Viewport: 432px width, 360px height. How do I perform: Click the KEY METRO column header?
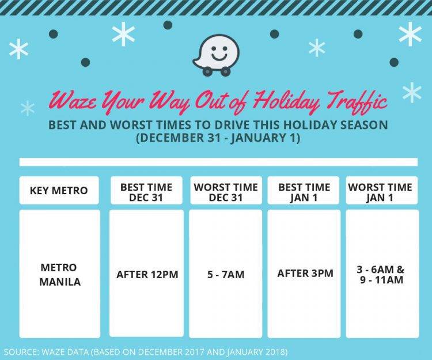click(x=59, y=190)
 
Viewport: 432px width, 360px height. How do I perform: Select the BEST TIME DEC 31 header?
click(x=146, y=192)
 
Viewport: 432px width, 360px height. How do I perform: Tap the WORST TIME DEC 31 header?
click(x=226, y=192)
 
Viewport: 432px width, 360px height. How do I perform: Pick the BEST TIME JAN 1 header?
click(x=304, y=192)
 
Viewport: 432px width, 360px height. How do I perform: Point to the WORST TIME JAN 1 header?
click(x=380, y=192)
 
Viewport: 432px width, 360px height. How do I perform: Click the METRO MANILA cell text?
click(x=60, y=274)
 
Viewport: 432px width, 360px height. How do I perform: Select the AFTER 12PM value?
click(x=147, y=274)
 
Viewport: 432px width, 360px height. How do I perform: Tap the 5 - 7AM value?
click(x=226, y=274)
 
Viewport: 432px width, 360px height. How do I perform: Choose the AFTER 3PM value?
click(x=305, y=273)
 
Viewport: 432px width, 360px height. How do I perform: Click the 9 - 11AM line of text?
click(x=381, y=280)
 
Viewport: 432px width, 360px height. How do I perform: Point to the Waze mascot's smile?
click(x=219, y=57)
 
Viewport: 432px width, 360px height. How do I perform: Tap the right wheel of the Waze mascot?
click(x=225, y=71)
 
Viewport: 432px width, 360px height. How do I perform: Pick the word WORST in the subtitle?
click(x=131, y=125)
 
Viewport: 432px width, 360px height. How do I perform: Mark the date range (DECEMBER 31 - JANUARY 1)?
click(x=218, y=138)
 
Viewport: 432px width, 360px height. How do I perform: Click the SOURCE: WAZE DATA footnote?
click(x=146, y=352)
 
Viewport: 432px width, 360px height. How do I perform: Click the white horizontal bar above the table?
click(x=218, y=162)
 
